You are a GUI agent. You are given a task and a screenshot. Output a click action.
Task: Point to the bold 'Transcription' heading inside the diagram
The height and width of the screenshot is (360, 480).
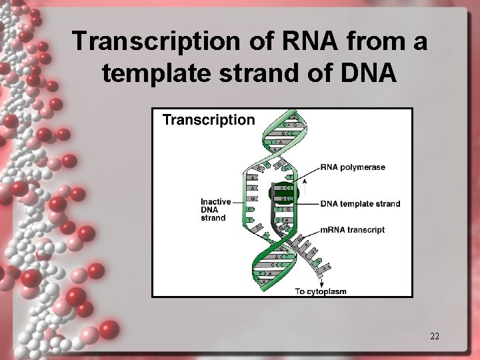tap(209, 120)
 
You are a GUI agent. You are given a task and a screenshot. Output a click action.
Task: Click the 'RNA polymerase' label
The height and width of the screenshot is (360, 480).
tap(353, 167)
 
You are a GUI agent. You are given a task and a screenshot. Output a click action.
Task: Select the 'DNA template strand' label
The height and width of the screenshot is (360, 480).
tap(360, 204)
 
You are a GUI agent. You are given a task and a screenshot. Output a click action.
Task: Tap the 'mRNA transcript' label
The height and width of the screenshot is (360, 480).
tap(353, 230)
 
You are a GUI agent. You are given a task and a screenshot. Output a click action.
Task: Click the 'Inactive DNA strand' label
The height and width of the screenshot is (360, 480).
tap(215, 209)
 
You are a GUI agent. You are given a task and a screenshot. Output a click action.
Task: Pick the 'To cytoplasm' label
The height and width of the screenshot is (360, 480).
tap(321, 291)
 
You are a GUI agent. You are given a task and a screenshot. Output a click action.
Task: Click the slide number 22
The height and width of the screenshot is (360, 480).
tap(434, 336)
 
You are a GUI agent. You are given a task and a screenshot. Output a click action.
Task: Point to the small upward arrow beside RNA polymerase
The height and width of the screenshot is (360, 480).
tap(305, 184)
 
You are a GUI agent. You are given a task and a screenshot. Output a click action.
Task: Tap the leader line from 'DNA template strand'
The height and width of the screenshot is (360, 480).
tap(308, 204)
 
